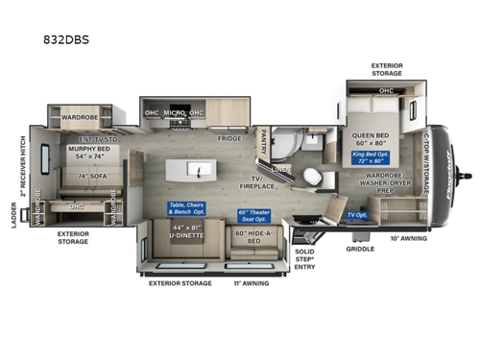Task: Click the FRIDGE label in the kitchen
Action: tap(228, 138)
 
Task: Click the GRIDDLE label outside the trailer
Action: tap(360, 249)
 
